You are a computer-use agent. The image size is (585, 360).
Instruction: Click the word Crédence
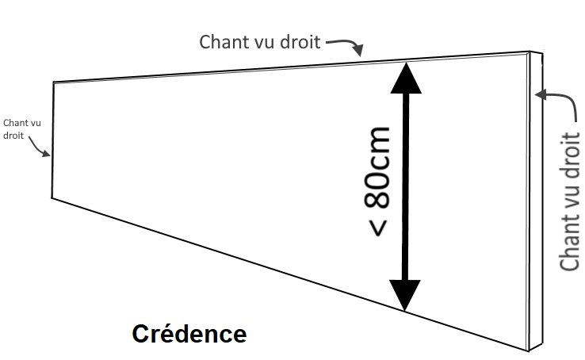(189, 334)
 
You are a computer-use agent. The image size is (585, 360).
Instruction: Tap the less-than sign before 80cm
(379, 226)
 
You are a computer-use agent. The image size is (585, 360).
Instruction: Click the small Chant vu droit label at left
(21, 129)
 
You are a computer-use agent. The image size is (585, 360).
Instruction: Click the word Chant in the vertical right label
(570, 242)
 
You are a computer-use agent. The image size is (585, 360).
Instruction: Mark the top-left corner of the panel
(53, 82)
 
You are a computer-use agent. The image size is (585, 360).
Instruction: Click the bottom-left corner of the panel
(52, 197)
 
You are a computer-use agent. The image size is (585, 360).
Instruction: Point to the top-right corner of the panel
(530, 53)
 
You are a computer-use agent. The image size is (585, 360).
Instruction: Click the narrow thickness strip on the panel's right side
(536, 198)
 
